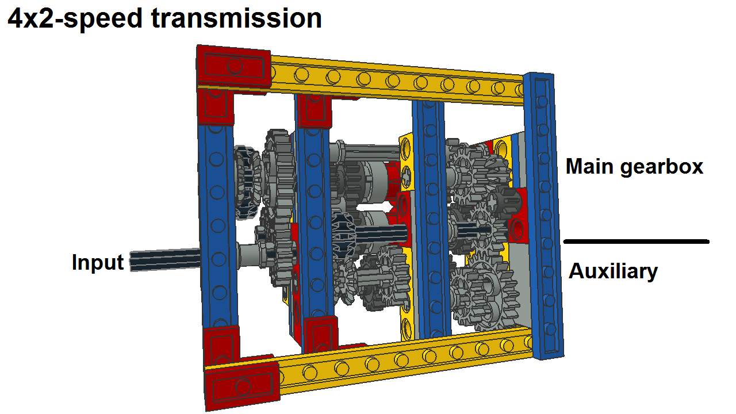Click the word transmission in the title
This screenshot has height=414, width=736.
(x=236, y=18)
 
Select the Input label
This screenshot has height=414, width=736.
(x=98, y=263)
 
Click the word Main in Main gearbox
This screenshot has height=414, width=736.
(x=589, y=166)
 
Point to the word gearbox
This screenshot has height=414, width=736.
(x=661, y=167)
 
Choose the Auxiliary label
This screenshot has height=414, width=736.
(x=613, y=271)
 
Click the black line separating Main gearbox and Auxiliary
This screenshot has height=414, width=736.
(x=637, y=241)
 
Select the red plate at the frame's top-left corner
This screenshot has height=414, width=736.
(x=233, y=68)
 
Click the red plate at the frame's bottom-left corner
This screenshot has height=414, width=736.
(x=243, y=386)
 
